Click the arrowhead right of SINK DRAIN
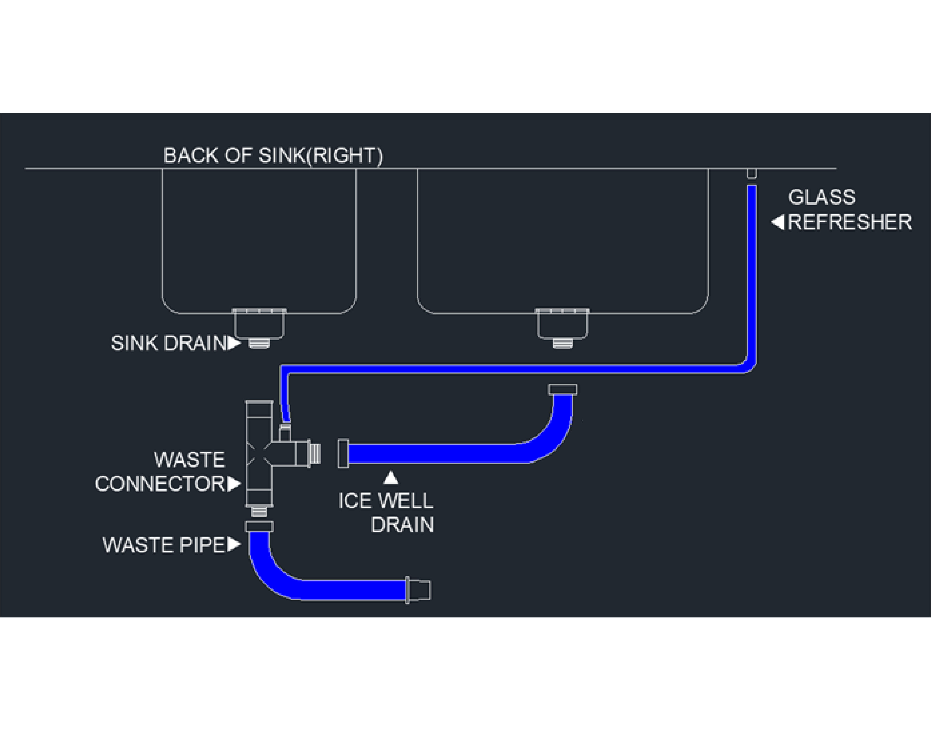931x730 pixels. tap(234, 343)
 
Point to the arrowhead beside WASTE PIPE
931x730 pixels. tap(234, 545)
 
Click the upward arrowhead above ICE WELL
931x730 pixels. tap(390, 478)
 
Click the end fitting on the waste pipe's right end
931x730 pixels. tap(419, 590)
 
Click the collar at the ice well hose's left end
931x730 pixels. tap(343, 454)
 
